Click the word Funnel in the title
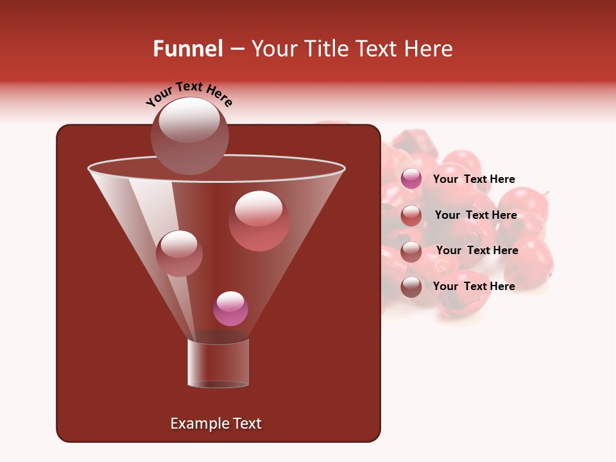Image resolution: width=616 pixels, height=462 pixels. pyautogui.click(x=187, y=49)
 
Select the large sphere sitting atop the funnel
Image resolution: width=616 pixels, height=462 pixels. pyautogui.click(x=190, y=136)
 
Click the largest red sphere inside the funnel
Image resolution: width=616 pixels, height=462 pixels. pyautogui.click(x=259, y=221)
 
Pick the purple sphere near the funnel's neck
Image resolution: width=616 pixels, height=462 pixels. pyautogui.click(x=230, y=309)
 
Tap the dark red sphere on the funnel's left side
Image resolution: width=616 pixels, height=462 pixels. pyautogui.click(x=179, y=253)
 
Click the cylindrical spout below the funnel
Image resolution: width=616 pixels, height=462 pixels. pyautogui.click(x=218, y=363)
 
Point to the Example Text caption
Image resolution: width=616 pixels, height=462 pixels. pyautogui.click(x=216, y=424)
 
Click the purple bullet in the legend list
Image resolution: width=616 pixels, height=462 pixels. pyautogui.click(x=411, y=179)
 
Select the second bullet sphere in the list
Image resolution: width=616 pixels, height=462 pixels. pyautogui.click(x=411, y=216)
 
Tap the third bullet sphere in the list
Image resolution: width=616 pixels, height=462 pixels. pyautogui.click(x=411, y=252)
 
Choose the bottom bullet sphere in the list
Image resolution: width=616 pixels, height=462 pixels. pyautogui.click(x=411, y=287)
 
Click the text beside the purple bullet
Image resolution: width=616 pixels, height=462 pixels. pyautogui.click(x=474, y=179)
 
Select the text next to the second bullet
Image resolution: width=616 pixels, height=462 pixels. pyautogui.click(x=475, y=215)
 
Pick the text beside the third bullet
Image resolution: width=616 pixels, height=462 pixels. pyautogui.click(x=477, y=250)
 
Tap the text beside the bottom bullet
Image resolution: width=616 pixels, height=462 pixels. pyautogui.click(x=474, y=286)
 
